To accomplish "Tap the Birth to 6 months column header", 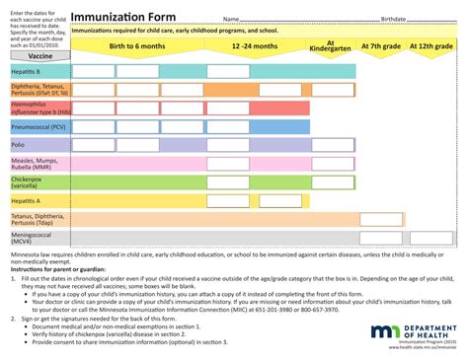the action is [137, 46].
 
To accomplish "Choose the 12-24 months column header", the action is [255, 46].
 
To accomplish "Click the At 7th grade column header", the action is [382, 46].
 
